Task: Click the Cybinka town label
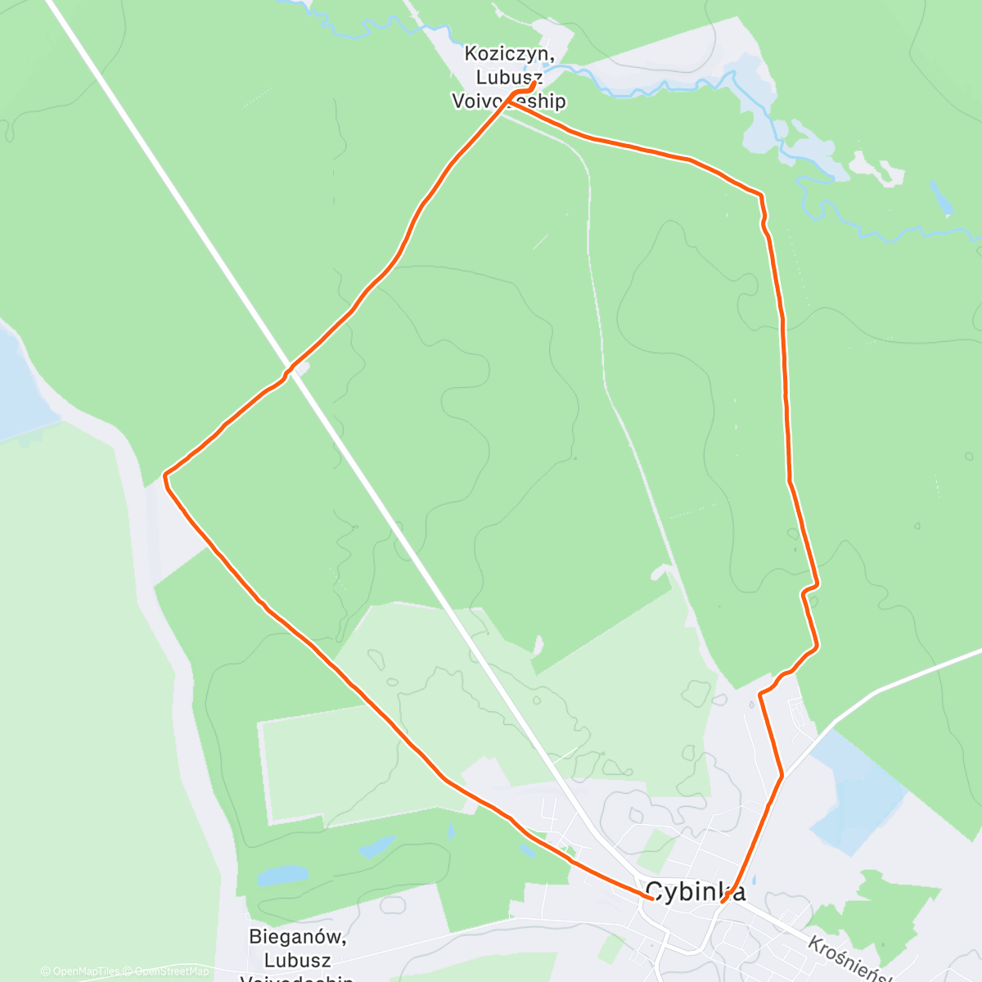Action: tap(695, 891)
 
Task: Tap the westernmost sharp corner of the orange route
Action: tap(165, 475)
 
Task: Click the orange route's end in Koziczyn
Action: tap(535, 83)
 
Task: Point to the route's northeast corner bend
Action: tap(761, 196)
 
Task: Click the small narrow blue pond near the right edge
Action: tap(941, 197)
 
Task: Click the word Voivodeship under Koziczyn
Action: tap(509, 101)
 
